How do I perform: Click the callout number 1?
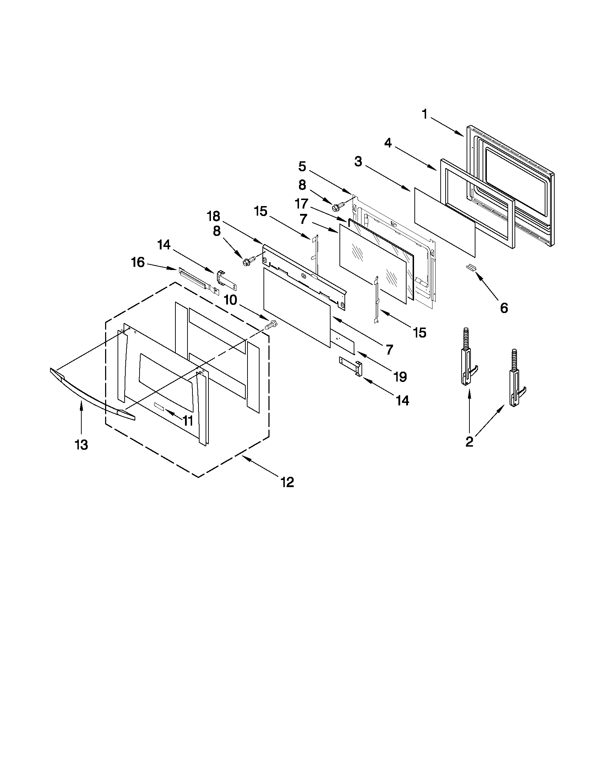pos(425,114)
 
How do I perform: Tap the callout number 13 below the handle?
pos(81,445)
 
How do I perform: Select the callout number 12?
pos(287,482)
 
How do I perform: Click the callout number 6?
pos(504,308)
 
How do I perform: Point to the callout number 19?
pos(400,376)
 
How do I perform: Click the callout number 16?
pos(138,263)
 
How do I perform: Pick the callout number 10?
pos(231,300)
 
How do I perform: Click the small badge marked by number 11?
pos(159,406)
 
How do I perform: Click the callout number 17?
pos(301,204)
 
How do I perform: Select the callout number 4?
pos(388,143)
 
